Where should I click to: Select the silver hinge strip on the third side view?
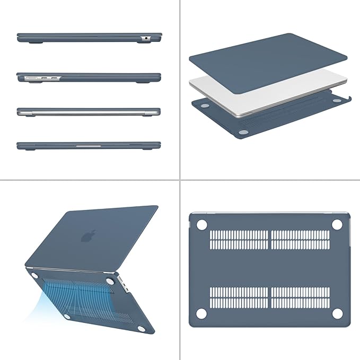[x=88, y=112]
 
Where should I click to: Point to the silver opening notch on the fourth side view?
[x=88, y=143]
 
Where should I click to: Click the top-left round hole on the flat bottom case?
[x=201, y=225]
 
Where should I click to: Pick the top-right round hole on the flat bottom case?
[x=336, y=225]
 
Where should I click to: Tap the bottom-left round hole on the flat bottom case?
[x=201, y=314]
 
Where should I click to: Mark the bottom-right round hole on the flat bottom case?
[x=336, y=314]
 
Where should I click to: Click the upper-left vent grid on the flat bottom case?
[x=239, y=240]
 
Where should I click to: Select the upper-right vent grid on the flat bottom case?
[x=300, y=240]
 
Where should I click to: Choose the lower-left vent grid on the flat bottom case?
[x=239, y=298]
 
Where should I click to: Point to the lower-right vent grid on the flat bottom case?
[x=300, y=298]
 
